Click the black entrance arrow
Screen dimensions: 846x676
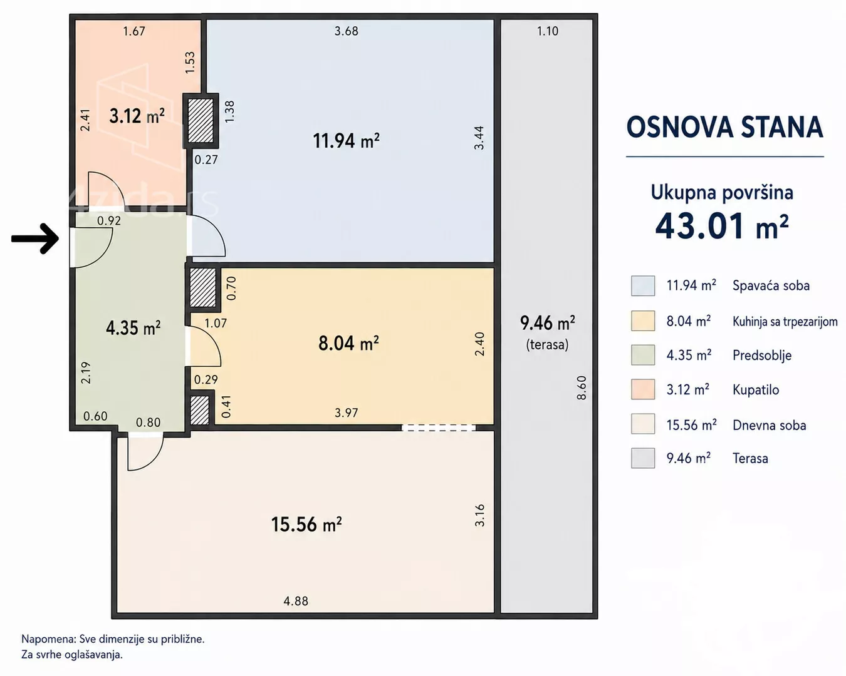tap(34, 238)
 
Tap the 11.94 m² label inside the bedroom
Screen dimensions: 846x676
tap(347, 141)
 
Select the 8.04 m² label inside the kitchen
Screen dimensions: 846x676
tap(348, 343)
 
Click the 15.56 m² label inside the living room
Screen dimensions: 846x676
tap(306, 524)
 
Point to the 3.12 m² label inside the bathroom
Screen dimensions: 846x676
tap(137, 116)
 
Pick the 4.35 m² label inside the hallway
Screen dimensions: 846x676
tap(133, 327)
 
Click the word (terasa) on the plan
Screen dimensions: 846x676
tap(547, 344)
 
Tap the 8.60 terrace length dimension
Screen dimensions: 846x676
tap(582, 387)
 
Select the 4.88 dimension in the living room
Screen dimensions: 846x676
tap(296, 601)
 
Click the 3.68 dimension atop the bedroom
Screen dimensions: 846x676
tap(347, 31)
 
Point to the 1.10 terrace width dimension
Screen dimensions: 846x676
tap(548, 31)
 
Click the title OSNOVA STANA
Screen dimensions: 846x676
tap(724, 127)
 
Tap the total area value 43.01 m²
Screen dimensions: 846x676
tap(722, 227)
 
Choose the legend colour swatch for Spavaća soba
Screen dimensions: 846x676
tap(643, 285)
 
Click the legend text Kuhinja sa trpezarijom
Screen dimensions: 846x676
tap(785, 322)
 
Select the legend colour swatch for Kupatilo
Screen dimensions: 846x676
tap(643, 389)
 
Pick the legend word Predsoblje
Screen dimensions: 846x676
tap(762, 356)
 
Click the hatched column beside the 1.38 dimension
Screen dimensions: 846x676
tap(201, 121)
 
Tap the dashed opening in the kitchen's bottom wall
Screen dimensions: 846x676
tap(439, 428)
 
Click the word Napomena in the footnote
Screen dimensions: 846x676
tap(48, 639)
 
